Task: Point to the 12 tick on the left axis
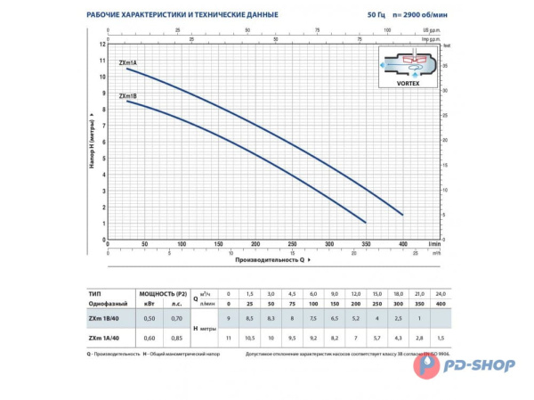[101, 43]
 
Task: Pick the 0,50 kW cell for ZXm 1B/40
[150, 318]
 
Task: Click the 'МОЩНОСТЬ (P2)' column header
[163, 293]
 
